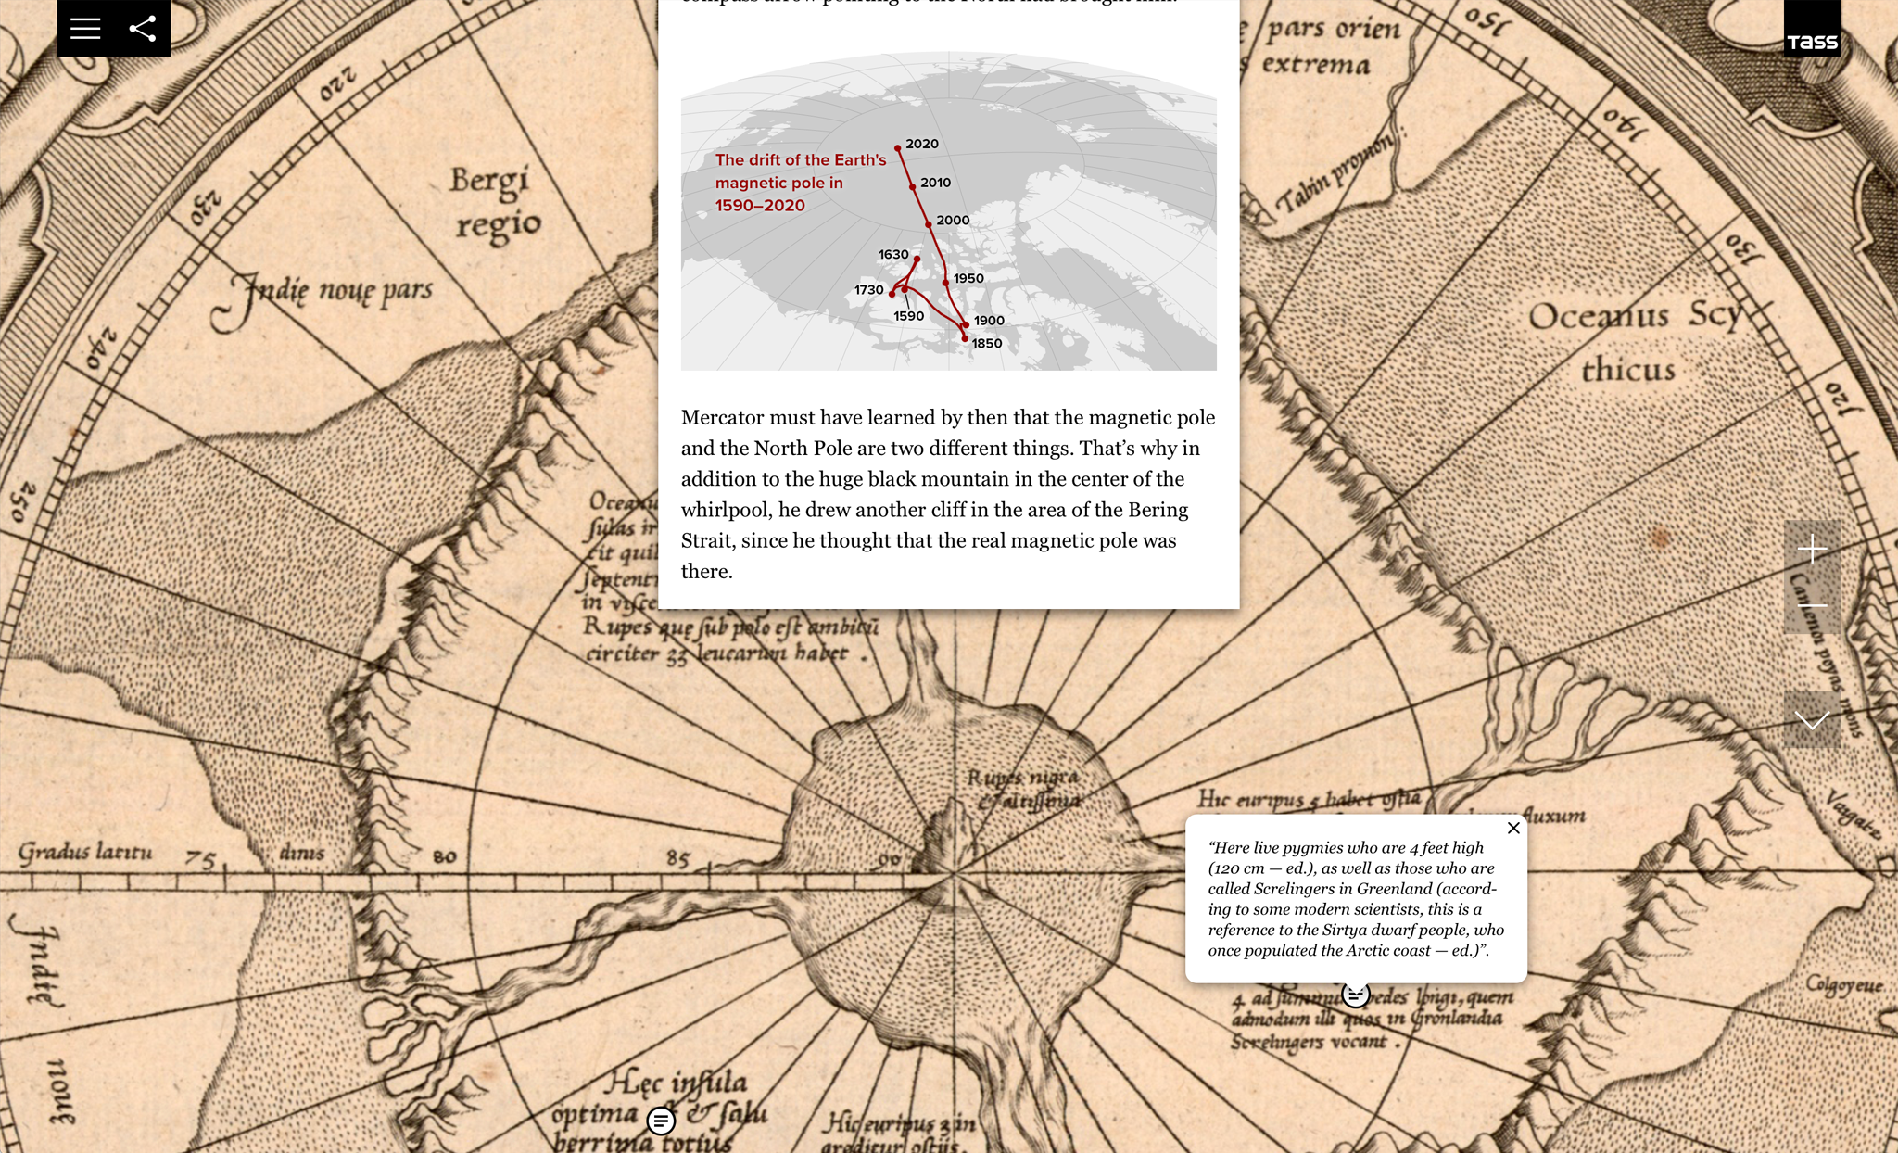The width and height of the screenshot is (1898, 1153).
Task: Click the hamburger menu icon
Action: [x=85, y=29]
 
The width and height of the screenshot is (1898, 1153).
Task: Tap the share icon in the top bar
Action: [x=143, y=29]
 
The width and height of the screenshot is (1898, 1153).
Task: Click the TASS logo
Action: [x=1812, y=42]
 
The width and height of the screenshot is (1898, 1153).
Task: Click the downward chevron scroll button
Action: [x=1812, y=720]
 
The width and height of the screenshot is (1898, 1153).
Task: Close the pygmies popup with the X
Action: [x=1513, y=828]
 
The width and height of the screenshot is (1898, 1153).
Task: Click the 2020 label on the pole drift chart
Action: [x=922, y=144]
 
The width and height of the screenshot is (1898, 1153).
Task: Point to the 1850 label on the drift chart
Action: [x=987, y=343]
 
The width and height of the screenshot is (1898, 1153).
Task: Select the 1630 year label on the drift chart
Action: [x=893, y=254]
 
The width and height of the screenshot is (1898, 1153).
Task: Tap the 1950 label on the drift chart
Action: [x=968, y=278]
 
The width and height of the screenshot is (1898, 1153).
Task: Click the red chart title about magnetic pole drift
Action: [x=800, y=183]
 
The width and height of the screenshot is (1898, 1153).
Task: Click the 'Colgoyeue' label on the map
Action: [x=1843, y=984]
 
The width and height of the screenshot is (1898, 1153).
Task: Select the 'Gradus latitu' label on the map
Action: [x=84, y=851]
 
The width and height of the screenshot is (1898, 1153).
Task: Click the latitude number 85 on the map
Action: [x=677, y=858]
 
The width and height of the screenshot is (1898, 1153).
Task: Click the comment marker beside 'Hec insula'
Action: [x=661, y=1121]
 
